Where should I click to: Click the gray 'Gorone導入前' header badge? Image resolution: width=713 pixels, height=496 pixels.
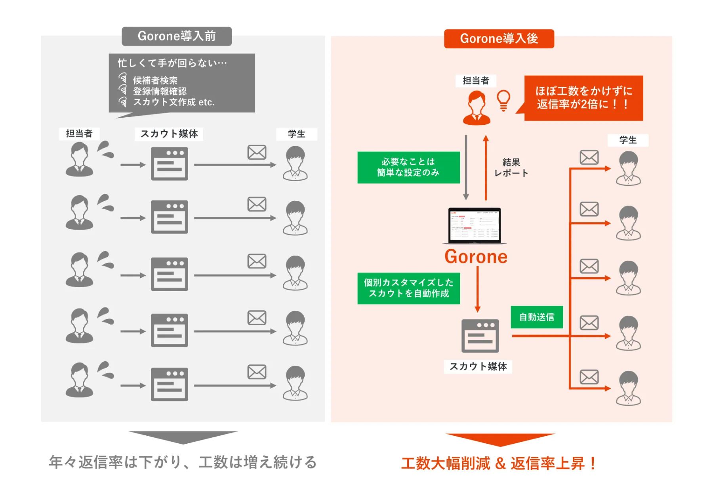177,36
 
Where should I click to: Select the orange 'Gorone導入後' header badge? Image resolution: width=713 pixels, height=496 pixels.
499,39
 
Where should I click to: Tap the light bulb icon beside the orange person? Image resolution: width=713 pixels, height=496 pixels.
503,101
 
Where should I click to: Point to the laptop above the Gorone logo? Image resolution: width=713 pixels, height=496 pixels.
475,225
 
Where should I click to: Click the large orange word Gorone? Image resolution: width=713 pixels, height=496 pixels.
476,257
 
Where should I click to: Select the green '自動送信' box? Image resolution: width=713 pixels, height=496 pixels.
537,317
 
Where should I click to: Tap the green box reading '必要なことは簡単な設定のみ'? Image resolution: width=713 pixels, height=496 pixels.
408,167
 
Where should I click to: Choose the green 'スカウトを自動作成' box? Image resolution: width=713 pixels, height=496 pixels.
408,288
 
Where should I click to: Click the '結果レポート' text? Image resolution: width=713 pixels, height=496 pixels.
511,168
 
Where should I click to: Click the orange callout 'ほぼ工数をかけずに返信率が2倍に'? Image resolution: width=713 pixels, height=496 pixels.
583,98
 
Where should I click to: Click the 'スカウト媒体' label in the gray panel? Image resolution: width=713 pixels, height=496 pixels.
169,134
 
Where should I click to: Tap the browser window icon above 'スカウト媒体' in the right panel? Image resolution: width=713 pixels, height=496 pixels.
480,336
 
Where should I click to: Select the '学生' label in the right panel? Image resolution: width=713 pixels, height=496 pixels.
628,140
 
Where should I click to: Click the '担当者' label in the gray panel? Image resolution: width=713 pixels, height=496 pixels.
79,134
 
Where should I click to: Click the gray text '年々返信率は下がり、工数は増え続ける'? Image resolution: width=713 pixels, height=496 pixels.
183,462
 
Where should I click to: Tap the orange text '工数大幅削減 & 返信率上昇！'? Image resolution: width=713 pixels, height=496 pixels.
499,463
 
